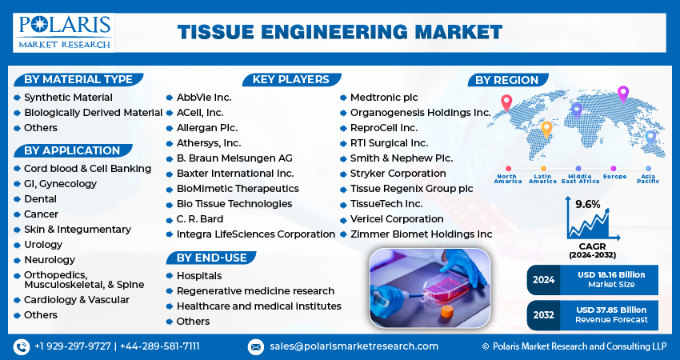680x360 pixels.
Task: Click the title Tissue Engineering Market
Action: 339,31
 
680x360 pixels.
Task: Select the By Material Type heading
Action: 78,79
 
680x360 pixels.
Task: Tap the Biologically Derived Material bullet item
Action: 93,113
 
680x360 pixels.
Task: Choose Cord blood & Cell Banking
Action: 87,169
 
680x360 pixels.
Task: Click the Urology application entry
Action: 43,245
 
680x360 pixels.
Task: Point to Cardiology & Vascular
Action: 76,300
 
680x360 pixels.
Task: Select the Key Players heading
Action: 290,79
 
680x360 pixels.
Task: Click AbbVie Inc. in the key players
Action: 204,98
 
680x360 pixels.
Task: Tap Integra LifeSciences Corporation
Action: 255,234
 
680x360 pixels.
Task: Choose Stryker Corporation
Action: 398,174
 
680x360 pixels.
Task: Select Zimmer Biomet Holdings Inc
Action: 421,234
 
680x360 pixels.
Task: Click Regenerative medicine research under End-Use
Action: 255,291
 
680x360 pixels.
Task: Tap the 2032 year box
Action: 543,314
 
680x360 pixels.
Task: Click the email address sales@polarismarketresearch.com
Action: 353,346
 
